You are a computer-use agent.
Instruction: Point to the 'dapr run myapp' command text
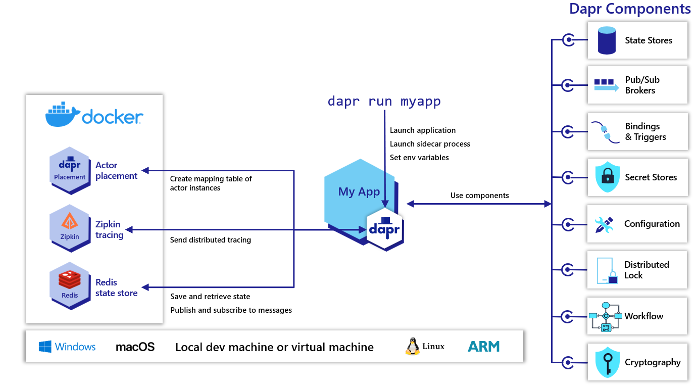(x=384, y=101)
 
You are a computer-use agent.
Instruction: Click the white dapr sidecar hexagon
(x=384, y=229)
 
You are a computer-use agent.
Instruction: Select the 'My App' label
(x=359, y=192)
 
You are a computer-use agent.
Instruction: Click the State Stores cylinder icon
(x=607, y=40)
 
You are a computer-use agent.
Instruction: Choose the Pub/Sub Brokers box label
(x=642, y=85)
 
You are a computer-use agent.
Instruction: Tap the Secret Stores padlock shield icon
(x=608, y=177)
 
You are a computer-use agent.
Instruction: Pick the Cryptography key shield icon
(x=608, y=362)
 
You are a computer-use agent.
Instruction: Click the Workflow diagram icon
(x=605, y=316)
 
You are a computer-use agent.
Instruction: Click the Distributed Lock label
(x=646, y=270)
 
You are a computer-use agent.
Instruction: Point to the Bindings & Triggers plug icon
(x=605, y=132)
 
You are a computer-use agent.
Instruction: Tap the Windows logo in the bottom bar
(x=45, y=347)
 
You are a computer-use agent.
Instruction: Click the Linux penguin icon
(x=412, y=346)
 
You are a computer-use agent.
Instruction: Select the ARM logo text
(x=483, y=347)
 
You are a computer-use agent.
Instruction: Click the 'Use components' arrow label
(x=479, y=196)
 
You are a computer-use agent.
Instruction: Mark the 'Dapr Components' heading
(x=629, y=9)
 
